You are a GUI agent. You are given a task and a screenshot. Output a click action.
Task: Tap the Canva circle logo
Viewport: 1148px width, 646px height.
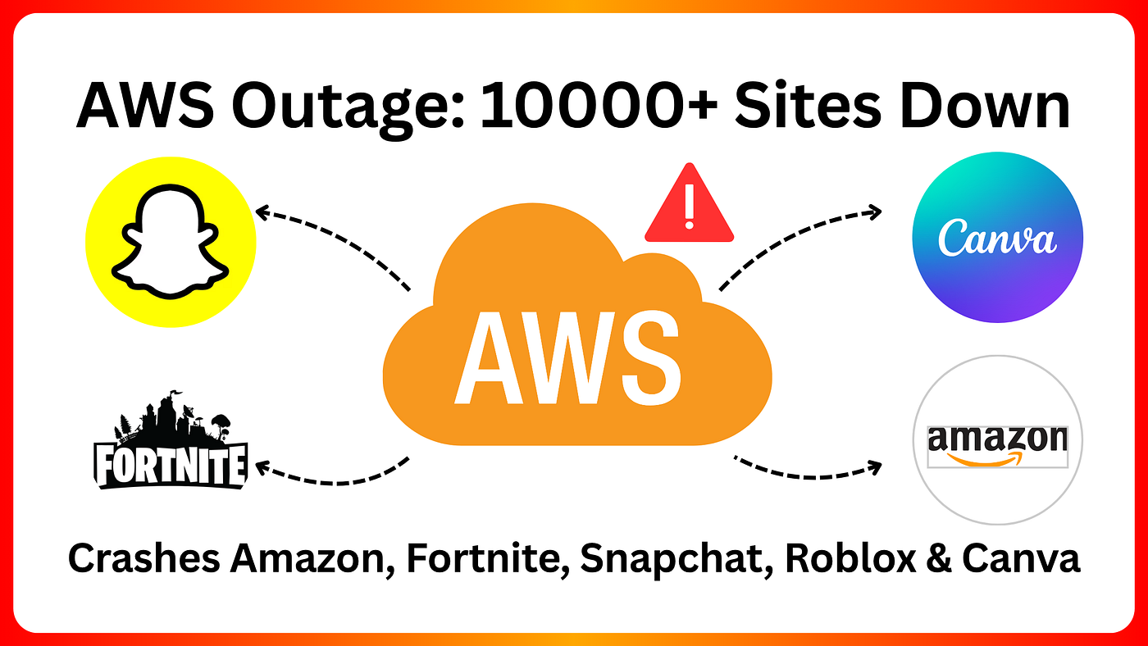[x=997, y=238]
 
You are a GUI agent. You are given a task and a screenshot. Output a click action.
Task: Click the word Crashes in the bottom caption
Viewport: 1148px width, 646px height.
[x=143, y=559]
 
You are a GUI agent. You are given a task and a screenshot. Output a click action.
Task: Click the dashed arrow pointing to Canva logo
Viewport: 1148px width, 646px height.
[x=799, y=238]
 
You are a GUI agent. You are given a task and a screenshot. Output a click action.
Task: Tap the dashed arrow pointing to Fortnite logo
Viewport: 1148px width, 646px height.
[x=332, y=474]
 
